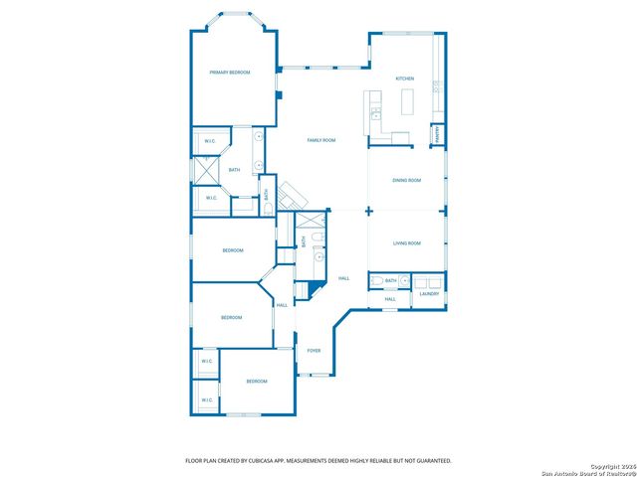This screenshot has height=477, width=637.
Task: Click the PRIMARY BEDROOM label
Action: click(x=229, y=73)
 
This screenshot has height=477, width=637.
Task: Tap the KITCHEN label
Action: click(x=404, y=79)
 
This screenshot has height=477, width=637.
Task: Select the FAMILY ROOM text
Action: click(x=320, y=140)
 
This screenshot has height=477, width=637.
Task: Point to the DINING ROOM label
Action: click(x=406, y=181)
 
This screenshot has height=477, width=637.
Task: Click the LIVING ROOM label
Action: click(x=406, y=243)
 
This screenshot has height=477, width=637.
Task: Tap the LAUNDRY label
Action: click(x=429, y=293)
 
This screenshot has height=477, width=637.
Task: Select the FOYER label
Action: click(x=314, y=351)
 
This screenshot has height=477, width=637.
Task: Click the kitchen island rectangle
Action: click(x=407, y=101)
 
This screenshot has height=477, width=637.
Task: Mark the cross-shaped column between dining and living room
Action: click(x=368, y=211)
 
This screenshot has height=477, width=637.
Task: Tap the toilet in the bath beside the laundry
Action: click(x=374, y=281)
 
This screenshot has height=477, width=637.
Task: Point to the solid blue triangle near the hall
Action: click(x=315, y=289)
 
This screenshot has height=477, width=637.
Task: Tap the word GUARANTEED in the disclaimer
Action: click(x=431, y=461)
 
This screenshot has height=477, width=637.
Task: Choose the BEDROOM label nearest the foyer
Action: click(x=257, y=382)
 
